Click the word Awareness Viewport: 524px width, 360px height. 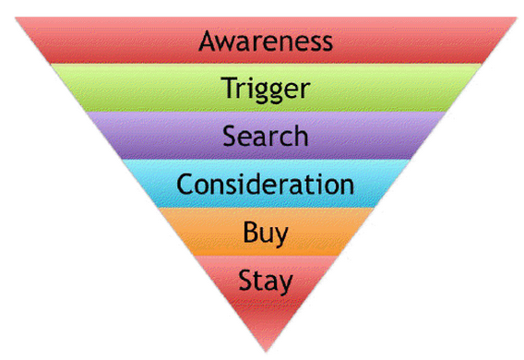click(x=265, y=42)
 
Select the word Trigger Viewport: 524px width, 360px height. click(x=265, y=90)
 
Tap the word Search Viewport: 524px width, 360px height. click(x=265, y=137)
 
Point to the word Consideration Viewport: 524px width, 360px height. click(x=265, y=184)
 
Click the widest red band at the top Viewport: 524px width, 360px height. click(x=92, y=42)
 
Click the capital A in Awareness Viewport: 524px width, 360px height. click(x=208, y=42)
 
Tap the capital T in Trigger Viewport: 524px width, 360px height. click(x=228, y=90)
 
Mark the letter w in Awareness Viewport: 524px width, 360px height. click(x=227, y=43)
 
